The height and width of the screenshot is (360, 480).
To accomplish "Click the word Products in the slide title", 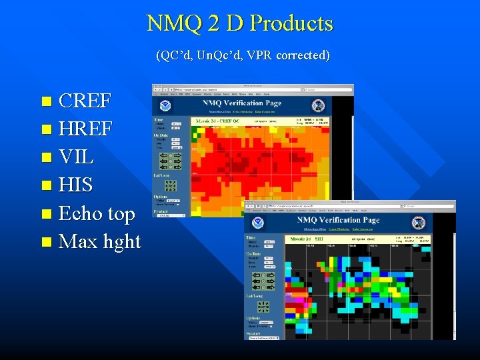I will pyautogui.click(x=291, y=23).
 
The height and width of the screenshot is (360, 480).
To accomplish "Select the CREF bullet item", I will pyautogui.click(x=85, y=101).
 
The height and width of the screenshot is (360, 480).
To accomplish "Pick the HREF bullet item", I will pyautogui.click(x=85, y=129).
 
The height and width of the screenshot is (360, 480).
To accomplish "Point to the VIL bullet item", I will pyautogui.click(x=76, y=157).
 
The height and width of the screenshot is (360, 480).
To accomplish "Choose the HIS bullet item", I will pyautogui.click(x=75, y=185).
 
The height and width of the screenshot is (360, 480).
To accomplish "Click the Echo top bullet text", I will pyautogui.click(x=97, y=213).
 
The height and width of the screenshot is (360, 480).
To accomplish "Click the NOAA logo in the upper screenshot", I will pyautogui.click(x=165, y=105).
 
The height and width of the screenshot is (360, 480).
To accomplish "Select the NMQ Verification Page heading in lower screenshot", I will pyautogui.click(x=338, y=220).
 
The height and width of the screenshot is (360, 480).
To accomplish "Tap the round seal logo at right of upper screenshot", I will pyautogui.click(x=319, y=105).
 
